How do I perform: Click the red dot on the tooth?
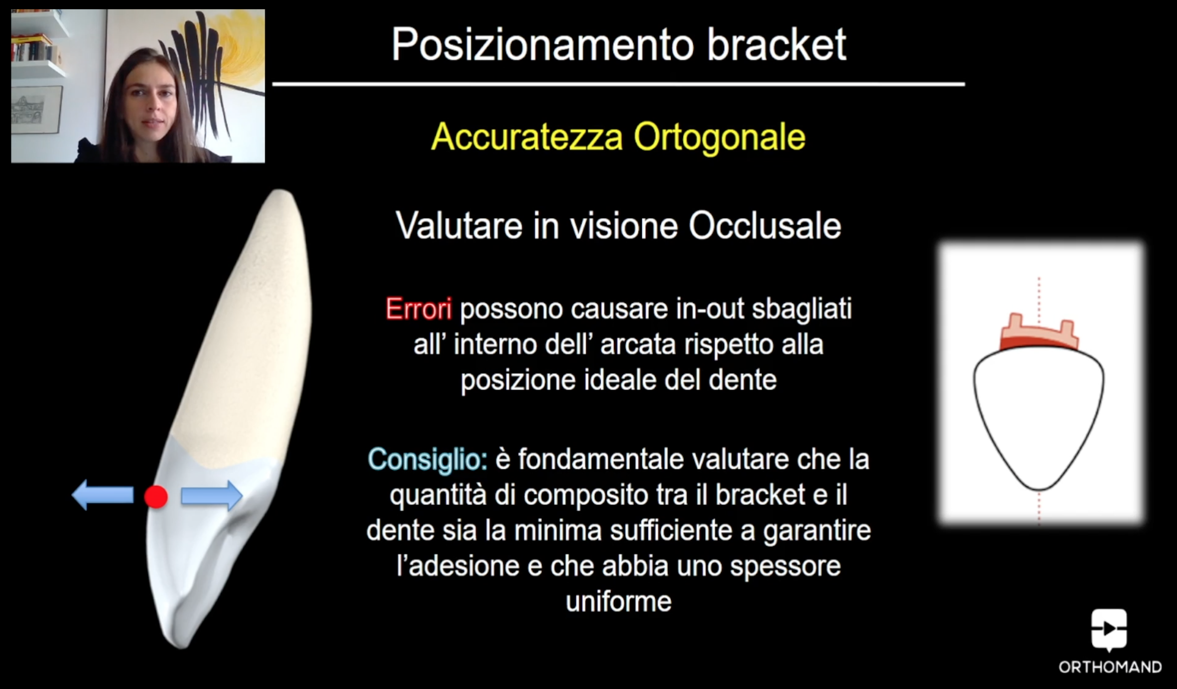[156, 496]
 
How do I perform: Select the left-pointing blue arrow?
[103, 495]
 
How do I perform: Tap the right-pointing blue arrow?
[212, 495]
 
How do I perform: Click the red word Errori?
[418, 309]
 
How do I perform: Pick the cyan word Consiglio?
[428, 460]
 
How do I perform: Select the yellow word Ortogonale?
[720, 137]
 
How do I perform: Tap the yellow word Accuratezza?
[527, 137]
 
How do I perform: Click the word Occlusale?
[765, 226]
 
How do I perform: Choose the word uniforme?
[618, 601]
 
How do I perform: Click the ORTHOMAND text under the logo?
[1110, 667]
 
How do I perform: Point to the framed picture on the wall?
[36, 109]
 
